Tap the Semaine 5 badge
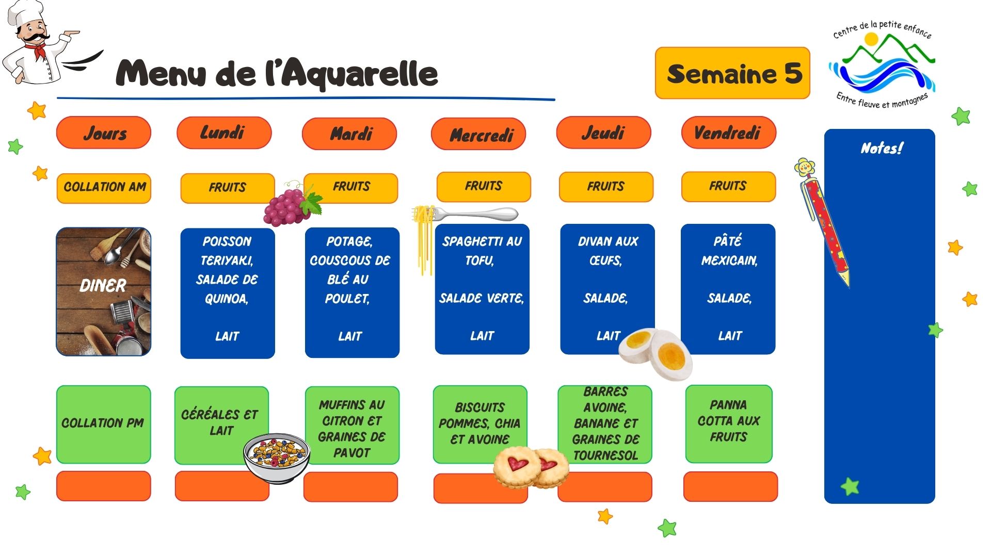tap(732, 73)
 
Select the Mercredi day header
tap(478, 134)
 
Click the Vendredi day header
tap(728, 133)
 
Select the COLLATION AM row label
tap(104, 188)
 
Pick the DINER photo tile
tap(104, 291)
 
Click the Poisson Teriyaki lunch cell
tap(228, 292)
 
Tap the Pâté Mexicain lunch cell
tap(728, 289)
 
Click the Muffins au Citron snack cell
tap(352, 425)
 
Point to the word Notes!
tap(882, 149)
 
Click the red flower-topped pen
tap(823, 222)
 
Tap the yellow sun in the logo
tap(871, 39)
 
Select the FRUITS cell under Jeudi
tap(606, 187)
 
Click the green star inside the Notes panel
tap(850, 486)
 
